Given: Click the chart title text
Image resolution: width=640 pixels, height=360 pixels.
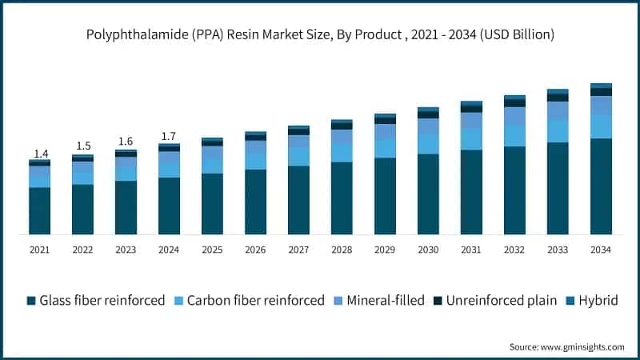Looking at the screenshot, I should pos(320,35).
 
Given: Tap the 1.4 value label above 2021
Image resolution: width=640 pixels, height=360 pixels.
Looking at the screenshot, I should pos(40,154).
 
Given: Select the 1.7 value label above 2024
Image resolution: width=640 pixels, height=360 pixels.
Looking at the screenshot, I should pos(169,137).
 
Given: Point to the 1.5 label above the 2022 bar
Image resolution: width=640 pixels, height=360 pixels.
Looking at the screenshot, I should pos(83,146).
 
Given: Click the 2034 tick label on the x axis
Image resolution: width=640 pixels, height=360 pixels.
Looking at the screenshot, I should pos(600,250).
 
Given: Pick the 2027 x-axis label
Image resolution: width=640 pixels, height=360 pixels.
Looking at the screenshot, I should pos(298,250).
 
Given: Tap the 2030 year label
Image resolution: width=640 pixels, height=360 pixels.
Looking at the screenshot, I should pos(428,250).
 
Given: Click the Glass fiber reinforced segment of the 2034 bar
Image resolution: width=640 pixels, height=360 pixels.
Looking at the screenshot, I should pos(600,186).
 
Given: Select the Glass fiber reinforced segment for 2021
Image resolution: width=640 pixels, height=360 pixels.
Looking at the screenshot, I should pos(40,211).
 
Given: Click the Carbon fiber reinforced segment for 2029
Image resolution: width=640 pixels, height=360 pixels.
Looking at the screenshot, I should pos(385,148).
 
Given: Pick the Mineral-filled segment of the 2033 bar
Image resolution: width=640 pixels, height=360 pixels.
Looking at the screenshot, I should pos(558,110).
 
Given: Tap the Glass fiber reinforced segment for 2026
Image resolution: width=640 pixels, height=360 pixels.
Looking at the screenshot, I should pos(255,202).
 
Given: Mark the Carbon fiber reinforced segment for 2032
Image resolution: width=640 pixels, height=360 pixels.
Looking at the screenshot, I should pos(514,135).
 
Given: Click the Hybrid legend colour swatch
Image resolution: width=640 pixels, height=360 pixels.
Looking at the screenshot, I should pos(570,301).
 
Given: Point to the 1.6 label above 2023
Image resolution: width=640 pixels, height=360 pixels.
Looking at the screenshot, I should pos(126,142).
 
